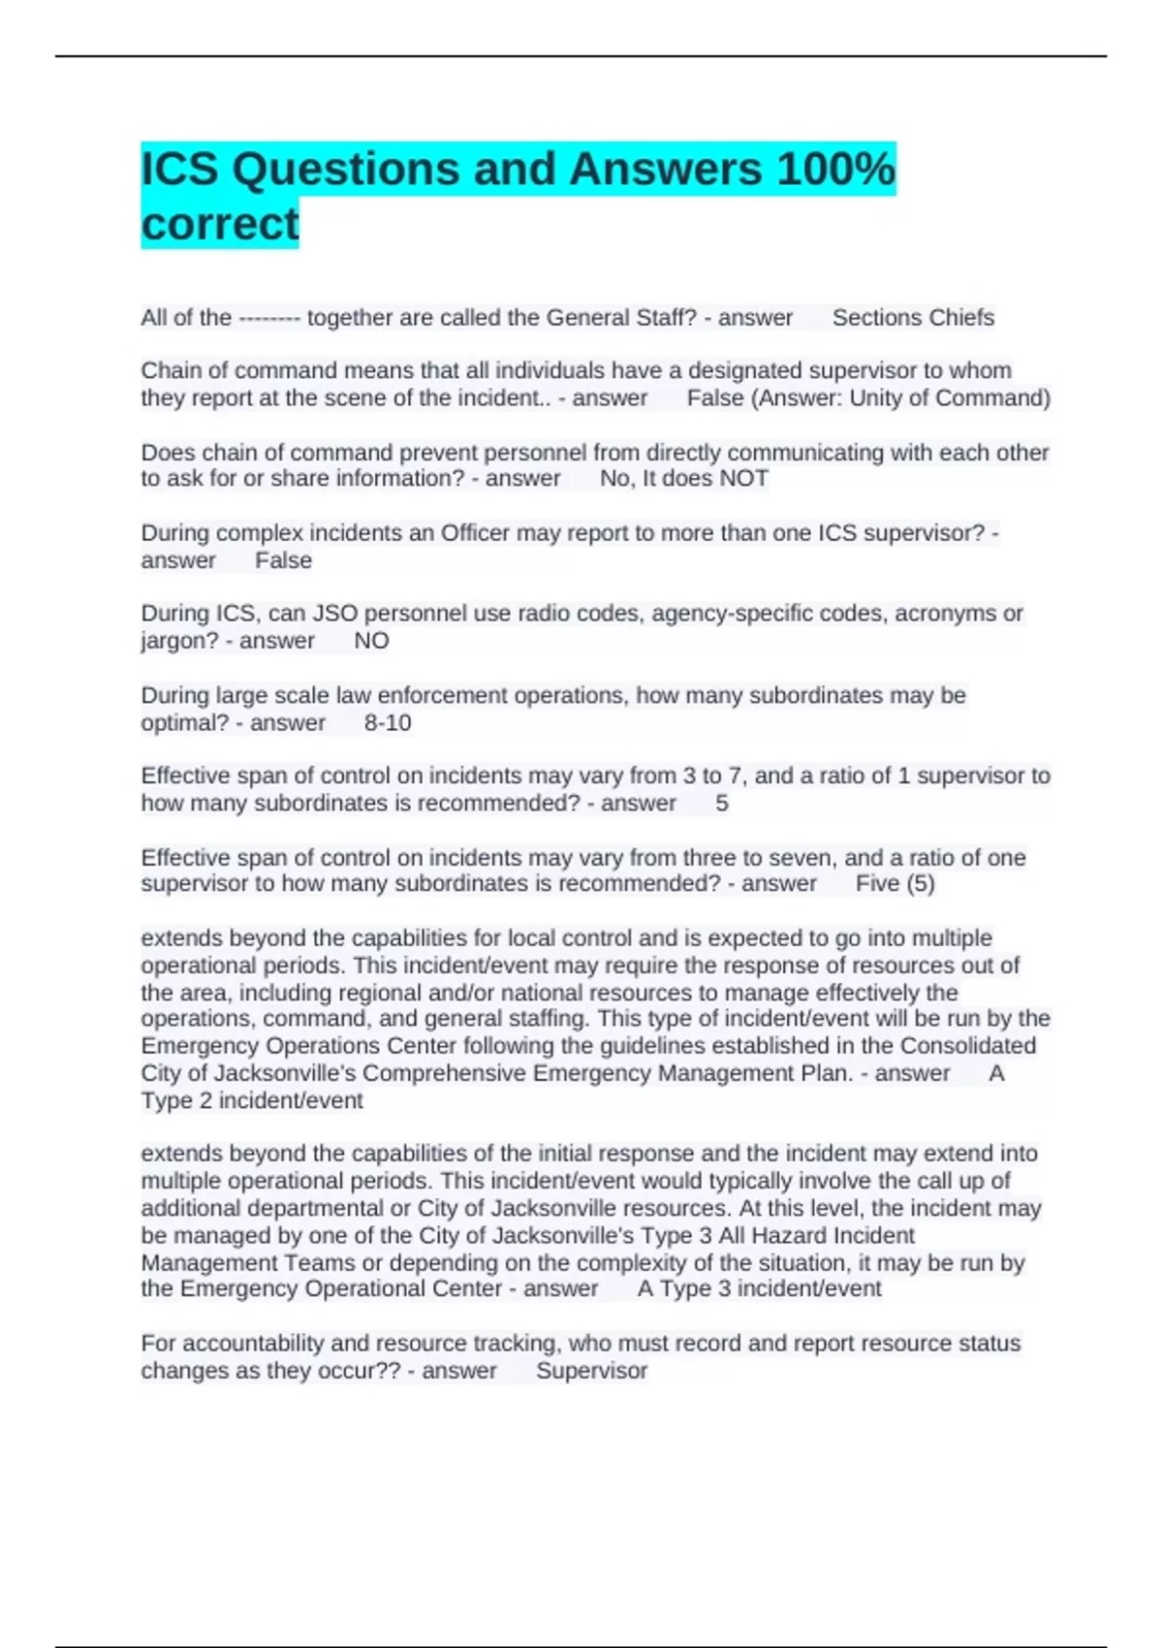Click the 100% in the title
[x=835, y=170]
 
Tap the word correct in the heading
[x=220, y=224]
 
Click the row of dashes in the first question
[x=268, y=318]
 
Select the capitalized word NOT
[x=745, y=479]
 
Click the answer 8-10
[x=388, y=723]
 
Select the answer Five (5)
[x=895, y=884]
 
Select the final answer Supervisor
[x=591, y=1371]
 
